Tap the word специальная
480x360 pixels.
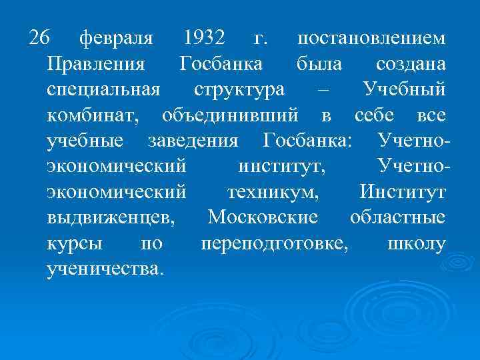[x=104, y=91]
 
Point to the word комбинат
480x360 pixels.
[x=93, y=116]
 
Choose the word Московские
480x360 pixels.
[x=263, y=218]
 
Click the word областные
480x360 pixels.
[x=397, y=218]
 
